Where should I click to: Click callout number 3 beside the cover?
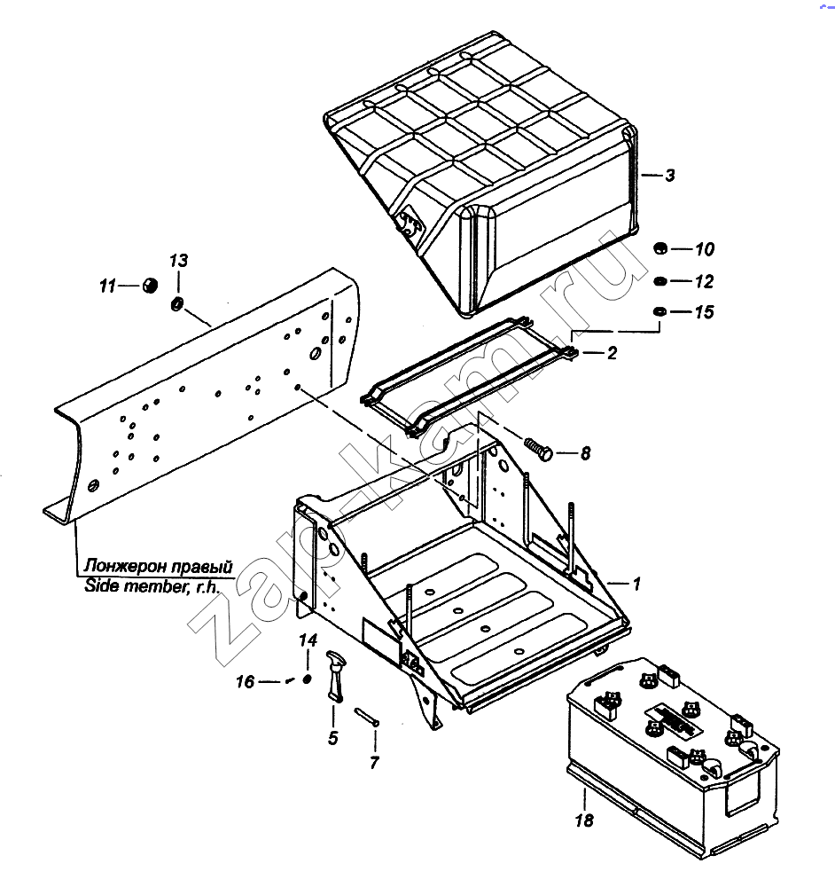click(x=670, y=176)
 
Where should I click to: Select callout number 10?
click(x=705, y=249)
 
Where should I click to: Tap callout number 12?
click(x=705, y=281)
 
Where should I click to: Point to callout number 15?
click(x=705, y=311)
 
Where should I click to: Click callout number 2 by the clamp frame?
click(x=612, y=353)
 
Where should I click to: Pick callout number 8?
click(x=585, y=453)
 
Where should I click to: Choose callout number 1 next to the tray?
click(x=636, y=584)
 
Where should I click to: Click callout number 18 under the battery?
click(x=584, y=820)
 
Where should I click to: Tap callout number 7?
click(x=374, y=763)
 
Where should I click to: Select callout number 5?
click(x=332, y=738)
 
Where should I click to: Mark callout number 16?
click(x=245, y=681)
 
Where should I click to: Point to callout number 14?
click(x=308, y=640)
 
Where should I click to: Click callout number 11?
click(x=107, y=287)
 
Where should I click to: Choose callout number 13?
click(x=179, y=261)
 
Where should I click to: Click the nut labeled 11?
click(x=149, y=285)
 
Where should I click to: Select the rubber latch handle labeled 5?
click(x=335, y=674)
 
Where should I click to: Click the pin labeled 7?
click(x=368, y=717)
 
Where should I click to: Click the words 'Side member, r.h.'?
click(x=152, y=586)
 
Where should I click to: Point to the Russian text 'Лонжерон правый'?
click(x=159, y=566)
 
